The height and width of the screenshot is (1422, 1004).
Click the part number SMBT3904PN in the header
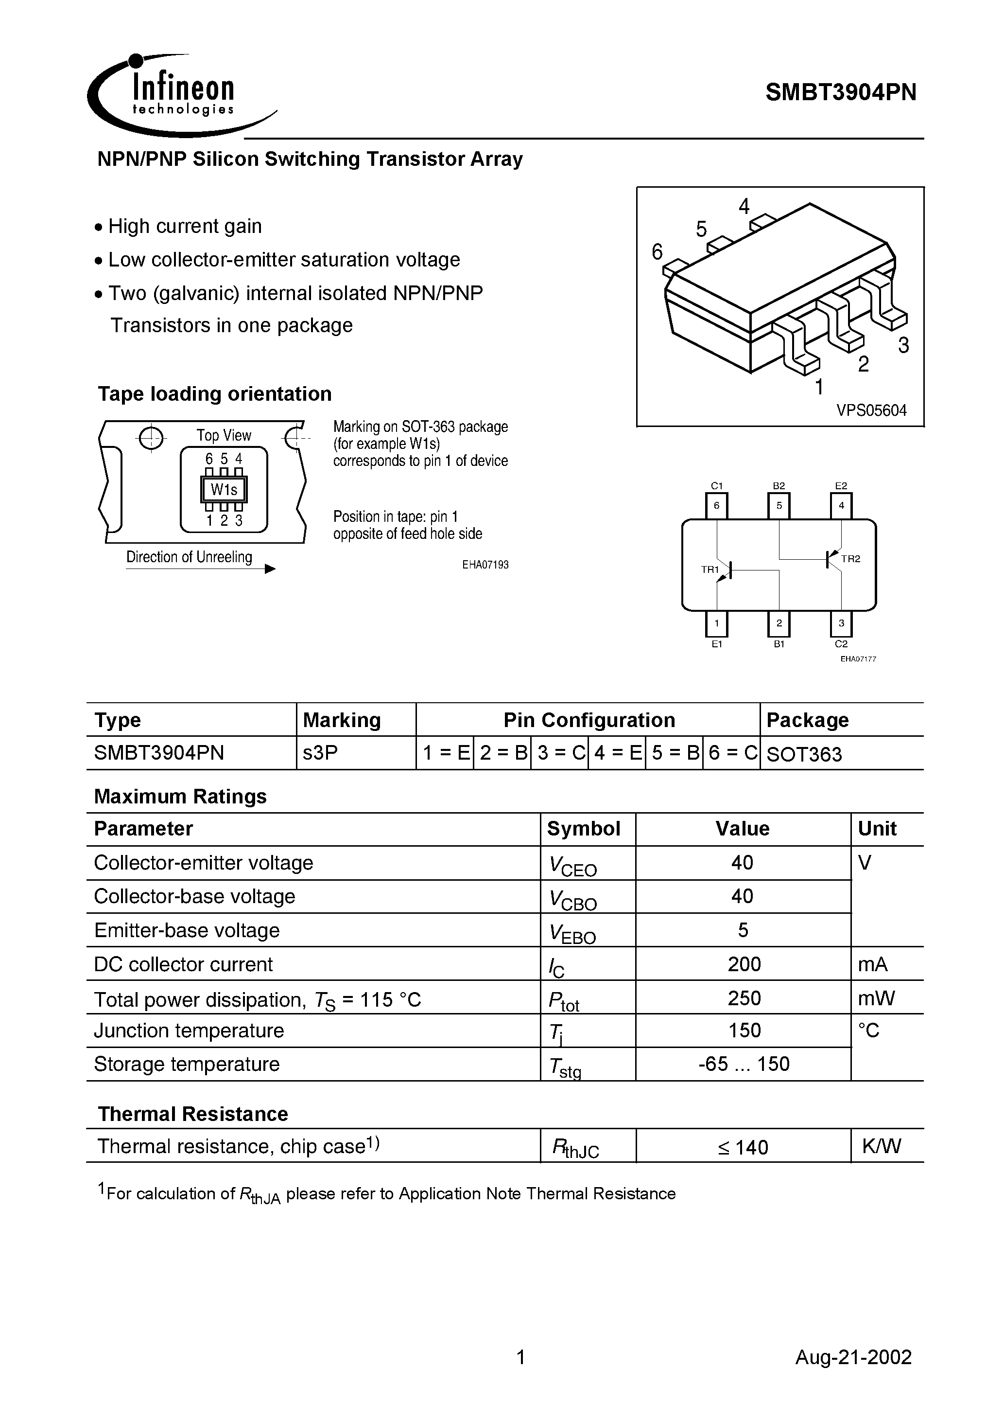click(841, 93)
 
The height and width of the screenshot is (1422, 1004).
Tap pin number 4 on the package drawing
click(744, 206)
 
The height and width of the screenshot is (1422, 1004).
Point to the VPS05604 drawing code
click(871, 410)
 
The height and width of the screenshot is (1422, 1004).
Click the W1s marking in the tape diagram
click(224, 490)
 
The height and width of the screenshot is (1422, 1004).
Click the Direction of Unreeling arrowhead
click(270, 569)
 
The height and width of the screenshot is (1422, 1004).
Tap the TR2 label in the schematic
click(850, 559)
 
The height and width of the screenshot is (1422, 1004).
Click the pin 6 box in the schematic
click(717, 505)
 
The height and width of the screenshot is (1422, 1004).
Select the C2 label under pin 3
click(841, 644)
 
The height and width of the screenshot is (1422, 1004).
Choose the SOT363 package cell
click(804, 754)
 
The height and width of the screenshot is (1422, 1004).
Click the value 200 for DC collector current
click(744, 964)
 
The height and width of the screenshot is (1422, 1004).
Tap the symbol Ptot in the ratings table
click(564, 999)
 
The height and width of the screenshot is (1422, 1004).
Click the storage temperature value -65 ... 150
click(744, 1064)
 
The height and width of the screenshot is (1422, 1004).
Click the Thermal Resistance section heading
click(193, 1114)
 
